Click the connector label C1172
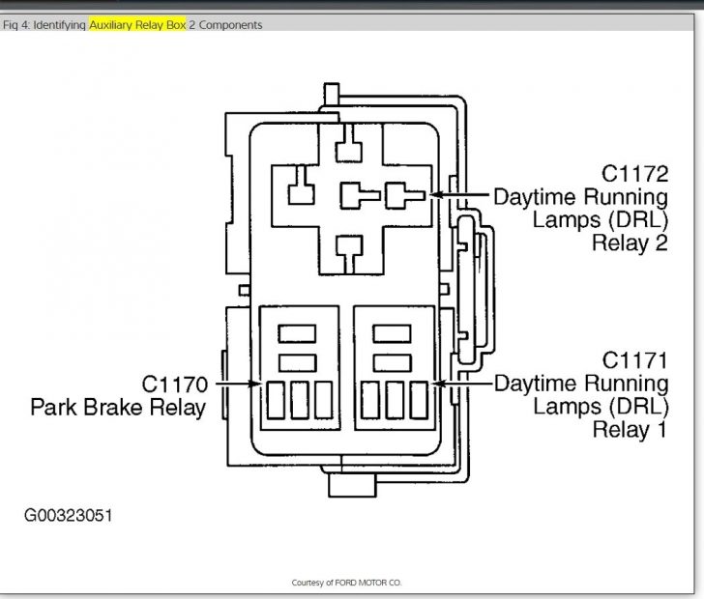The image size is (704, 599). tap(634, 174)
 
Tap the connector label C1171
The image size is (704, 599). tap(634, 360)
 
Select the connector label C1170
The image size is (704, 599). tap(175, 385)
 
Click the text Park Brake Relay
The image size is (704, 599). tap(118, 408)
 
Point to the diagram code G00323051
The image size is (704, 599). tap(69, 515)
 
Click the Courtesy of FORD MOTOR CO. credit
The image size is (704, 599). tap(346, 583)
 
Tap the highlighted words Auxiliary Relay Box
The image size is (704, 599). tap(137, 25)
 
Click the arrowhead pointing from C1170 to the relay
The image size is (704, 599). tap(256, 384)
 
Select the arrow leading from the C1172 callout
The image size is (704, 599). tap(459, 195)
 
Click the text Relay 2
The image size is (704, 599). tap(630, 243)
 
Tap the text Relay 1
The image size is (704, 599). tap(630, 429)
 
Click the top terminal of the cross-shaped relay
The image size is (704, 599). tap(349, 145)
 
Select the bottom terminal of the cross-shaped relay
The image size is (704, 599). tap(349, 253)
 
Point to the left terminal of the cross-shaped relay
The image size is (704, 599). tap(302, 186)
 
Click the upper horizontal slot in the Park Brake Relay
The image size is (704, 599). tap(297, 334)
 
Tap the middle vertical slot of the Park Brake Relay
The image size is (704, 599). tap(300, 400)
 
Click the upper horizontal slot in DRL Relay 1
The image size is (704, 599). tap(392, 334)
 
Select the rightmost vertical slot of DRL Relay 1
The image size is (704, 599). tap(419, 400)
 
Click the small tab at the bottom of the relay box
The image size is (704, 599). tap(352, 485)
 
